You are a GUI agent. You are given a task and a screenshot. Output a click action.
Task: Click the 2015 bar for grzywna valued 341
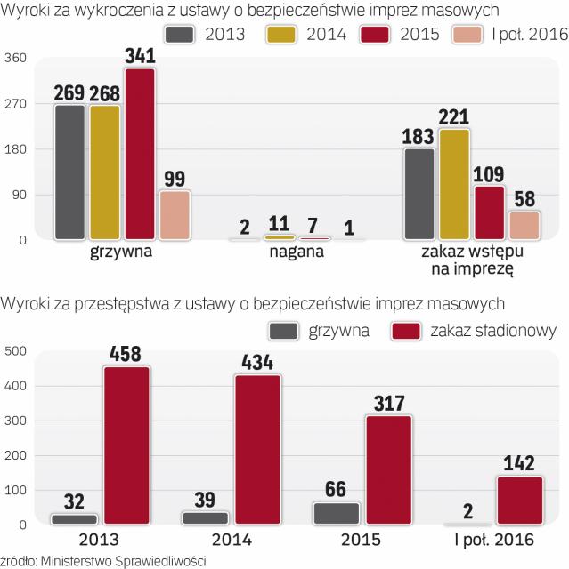tap(140, 154)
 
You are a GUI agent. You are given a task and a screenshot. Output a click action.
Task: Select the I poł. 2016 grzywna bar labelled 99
tap(175, 215)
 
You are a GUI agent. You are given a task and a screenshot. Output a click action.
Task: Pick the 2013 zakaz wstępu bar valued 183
tap(419, 194)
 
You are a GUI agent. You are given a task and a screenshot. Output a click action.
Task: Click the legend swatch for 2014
tap(281, 35)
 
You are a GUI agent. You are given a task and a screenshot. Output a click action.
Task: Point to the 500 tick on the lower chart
tap(16, 350)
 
